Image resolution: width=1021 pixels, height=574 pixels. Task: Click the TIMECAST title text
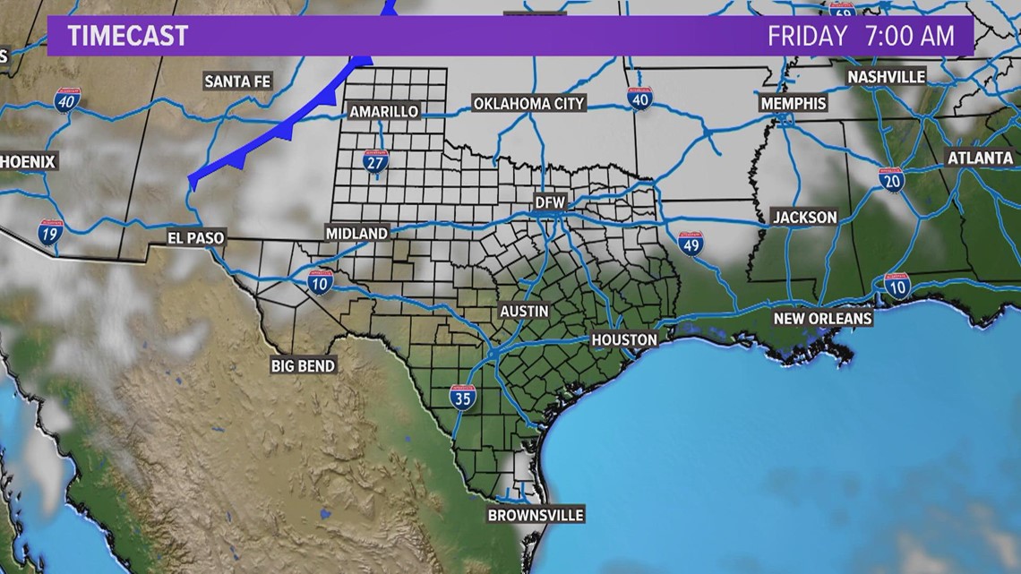click(x=128, y=36)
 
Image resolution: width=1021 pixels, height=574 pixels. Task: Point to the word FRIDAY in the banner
click(x=807, y=36)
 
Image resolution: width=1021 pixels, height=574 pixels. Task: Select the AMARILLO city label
click(x=383, y=111)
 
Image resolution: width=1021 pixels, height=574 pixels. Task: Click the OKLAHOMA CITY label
click(x=528, y=104)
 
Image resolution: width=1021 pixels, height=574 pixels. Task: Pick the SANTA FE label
click(x=237, y=81)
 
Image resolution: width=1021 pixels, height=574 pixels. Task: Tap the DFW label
click(x=550, y=203)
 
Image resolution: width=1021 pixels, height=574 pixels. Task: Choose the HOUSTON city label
click(x=624, y=340)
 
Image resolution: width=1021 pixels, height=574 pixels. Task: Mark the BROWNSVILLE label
click(x=536, y=515)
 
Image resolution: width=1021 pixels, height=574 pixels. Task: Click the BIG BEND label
click(x=304, y=365)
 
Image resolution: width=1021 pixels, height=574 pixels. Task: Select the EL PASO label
click(x=196, y=238)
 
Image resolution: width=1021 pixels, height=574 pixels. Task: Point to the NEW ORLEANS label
click(x=823, y=319)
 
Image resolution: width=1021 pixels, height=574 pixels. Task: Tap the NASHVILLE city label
click(x=887, y=77)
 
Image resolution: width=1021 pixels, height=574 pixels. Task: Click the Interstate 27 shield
click(x=375, y=162)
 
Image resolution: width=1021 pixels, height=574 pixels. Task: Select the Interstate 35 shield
click(x=462, y=398)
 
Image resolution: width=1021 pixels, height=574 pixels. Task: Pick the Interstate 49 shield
click(x=690, y=243)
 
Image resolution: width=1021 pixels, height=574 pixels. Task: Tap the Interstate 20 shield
click(x=892, y=180)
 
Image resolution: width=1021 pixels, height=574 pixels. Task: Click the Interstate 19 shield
click(x=50, y=234)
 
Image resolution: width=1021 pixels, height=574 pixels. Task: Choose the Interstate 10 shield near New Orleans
click(x=897, y=286)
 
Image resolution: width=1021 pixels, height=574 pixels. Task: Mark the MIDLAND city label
click(x=356, y=233)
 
